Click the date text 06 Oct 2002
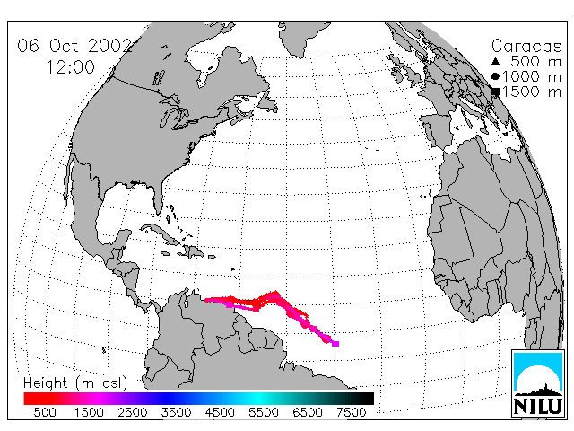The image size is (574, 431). [x=75, y=46]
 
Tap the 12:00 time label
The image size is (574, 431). [x=71, y=67]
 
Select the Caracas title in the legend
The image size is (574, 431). [x=526, y=46]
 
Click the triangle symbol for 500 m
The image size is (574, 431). [x=496, y=61]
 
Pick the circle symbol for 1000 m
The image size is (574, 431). [x=496, y=76]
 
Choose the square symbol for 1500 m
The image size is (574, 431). [x=496, y=92]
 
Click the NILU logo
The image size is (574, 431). [x=538, y=383]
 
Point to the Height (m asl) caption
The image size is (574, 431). [x=75, y=383]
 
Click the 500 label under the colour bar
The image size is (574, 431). [x=45, y=412]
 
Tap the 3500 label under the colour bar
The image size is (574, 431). [x=176, y=412]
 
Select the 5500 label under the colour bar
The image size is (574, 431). [x=264, y=412]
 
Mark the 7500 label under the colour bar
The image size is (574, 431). [x=351, y=412]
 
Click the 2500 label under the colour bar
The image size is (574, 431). [x=133, y=412]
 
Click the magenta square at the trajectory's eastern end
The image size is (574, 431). [x=335, y=343]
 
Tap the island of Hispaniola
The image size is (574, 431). [x=194, y=251]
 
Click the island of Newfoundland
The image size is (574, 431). [x=266, y=101]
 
